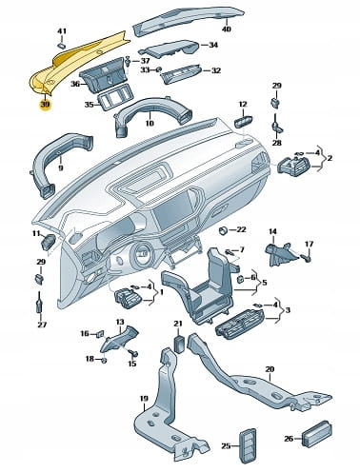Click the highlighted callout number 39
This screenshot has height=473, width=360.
pyautogui.click(x=45, y=105)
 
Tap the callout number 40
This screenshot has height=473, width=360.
pyautogui.click(x=227, y=29)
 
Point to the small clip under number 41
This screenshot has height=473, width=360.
pyautogui.click(x=62, y=46)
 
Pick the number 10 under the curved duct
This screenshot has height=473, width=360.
pyautogui.click(x=150, y=123)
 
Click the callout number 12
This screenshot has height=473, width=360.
pyautogui.click(x=243, y=105)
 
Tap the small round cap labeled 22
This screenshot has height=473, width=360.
pyautogui.click(x=224, y=230)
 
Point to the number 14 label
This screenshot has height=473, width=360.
pyautogui.click(x=272, y=231)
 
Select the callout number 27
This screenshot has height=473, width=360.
pyautogui.click(x=42, y=325)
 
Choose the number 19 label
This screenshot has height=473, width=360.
pyautogui.click(x=144, y=398)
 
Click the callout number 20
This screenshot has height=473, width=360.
pyautogui.click(x=270, y=369)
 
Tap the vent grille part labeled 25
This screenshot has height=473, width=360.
pyautogui.click(x=247, y=445)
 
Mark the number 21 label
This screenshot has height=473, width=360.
pyautogui.click(x=178, y=324)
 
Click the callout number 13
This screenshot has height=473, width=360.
pyautogui.click(x=120, y=322)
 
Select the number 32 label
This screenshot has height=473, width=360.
pyautogui.click(x=216, y=70)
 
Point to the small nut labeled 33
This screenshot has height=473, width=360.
pyautogui.click(x=159, y=69)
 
